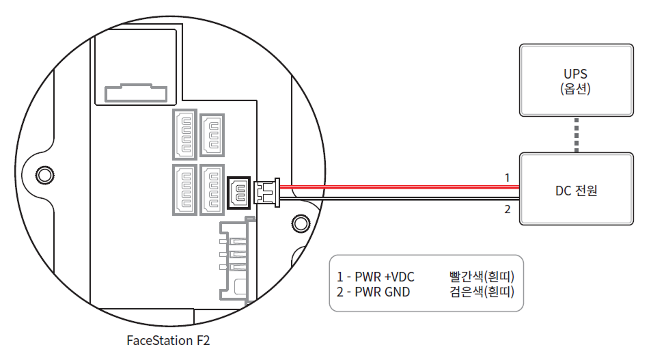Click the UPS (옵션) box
pos(577,81)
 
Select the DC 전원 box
pos(577,190)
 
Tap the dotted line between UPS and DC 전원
pos(577,135)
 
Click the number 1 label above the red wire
pos(507,178)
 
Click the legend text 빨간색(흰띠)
pos(481,277)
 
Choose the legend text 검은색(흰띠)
pos(481,292)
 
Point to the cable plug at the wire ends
pos(266,192)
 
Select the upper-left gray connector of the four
pos(184,133)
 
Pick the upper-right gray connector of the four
pos(212,133)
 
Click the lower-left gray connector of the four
pos(184,190)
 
